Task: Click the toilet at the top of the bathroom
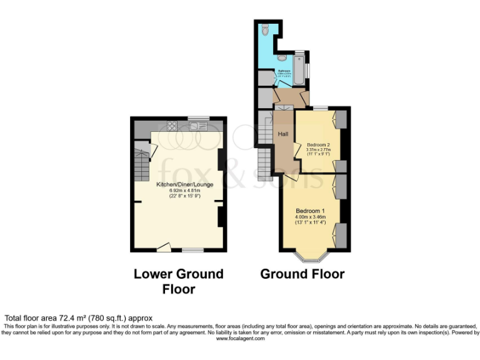coord(265,29)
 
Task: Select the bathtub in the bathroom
coord(300,68)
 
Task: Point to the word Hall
coord(283,134)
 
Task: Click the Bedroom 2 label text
coord(318,145)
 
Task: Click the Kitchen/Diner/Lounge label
coord(184,184)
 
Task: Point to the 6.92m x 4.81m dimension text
coord(184,190)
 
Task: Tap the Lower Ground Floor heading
coord(178,281)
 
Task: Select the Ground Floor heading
coord(302,274)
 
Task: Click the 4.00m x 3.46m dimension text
coord(310,217)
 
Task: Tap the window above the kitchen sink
coord(198,117)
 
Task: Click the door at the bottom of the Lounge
coord(164,248)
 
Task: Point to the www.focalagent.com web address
coord(239,339)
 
